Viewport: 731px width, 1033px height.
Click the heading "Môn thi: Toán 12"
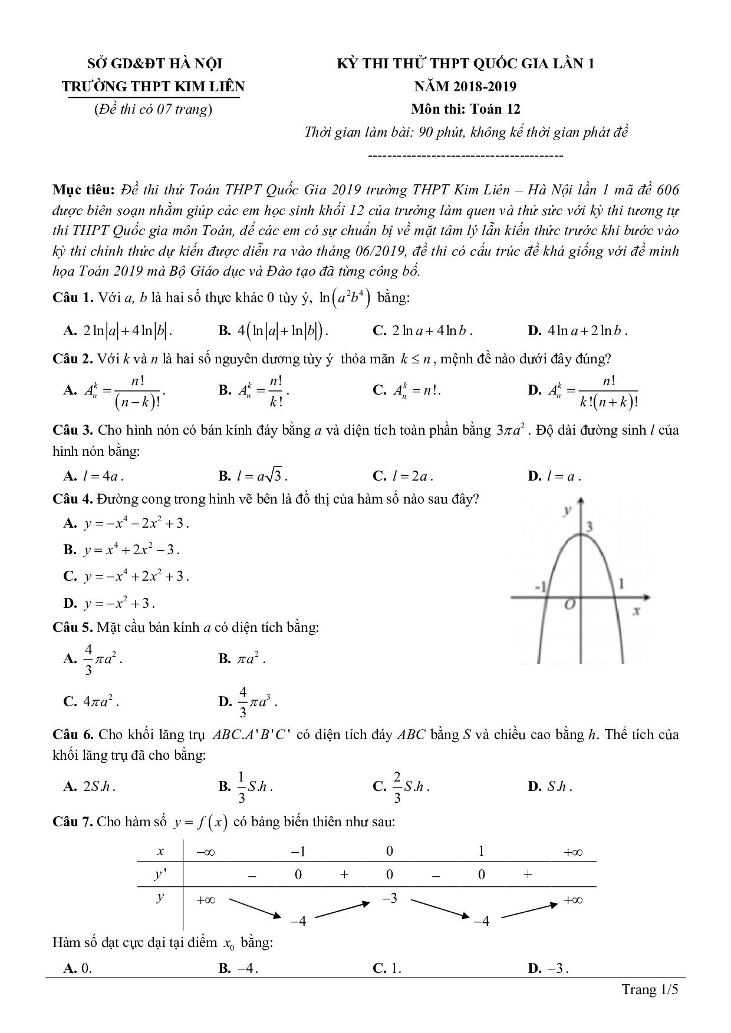tap(465, 109)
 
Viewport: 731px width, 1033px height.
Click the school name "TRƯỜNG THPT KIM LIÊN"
tap(153, 87)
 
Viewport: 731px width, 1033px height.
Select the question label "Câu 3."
tap(73, 430)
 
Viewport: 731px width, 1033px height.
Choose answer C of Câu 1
tap(423, 331)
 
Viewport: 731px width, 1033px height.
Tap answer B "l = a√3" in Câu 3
tap(253, 476)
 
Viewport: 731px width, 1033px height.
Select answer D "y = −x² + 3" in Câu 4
tap(109, 603)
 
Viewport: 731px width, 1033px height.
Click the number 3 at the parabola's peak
tap(589, 525)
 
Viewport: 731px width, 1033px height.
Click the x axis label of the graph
tap(636, 611)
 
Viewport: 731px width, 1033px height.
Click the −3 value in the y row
tap(390, 899)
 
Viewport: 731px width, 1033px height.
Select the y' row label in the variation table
tap(160, 875)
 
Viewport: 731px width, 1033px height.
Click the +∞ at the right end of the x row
tap(573, 852)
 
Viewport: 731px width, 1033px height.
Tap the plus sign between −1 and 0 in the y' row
tap(344, 875)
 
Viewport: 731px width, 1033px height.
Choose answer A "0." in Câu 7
tap(78, 968)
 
